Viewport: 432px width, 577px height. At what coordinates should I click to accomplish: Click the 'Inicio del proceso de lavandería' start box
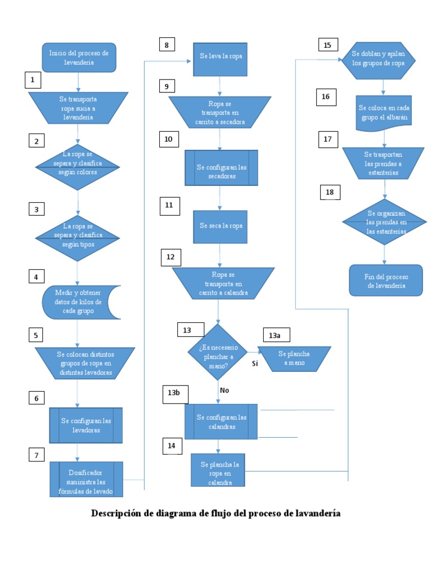79,57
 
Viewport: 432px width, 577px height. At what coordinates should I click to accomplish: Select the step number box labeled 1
33,81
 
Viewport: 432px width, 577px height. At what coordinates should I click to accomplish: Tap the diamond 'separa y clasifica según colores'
78,163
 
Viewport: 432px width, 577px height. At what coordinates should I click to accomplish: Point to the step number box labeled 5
36,335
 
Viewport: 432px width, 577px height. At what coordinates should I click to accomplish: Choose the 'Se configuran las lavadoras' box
86,425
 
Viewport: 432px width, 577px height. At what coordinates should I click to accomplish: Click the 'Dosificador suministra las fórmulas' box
87,478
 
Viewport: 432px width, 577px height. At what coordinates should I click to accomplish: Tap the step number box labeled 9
166,86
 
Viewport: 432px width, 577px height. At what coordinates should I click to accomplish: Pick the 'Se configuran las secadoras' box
221,168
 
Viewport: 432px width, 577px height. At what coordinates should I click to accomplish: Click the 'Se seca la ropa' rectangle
220,226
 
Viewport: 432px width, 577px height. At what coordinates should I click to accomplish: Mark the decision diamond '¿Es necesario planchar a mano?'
218,352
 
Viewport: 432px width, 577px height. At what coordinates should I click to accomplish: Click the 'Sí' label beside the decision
254,364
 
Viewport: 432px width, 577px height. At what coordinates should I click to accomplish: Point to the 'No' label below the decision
224,390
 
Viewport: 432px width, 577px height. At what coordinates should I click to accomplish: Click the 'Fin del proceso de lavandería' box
385,280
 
